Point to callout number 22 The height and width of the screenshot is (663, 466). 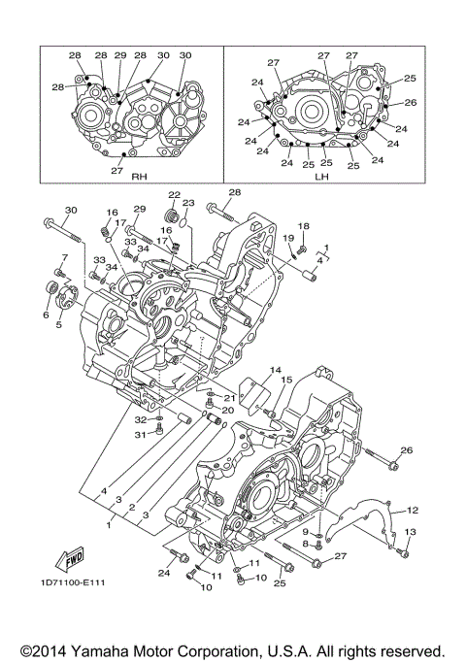(x=174, y=195)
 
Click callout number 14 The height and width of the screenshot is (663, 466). (x=276, y=370)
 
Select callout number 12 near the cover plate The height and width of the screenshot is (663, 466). (x=413, y=509)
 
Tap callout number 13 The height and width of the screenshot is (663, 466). (x=409, y=532)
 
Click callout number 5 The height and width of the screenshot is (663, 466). (x=58, y=324)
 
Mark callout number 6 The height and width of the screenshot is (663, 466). (x=45, y=315)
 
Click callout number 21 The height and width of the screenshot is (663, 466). (x=230, y=398)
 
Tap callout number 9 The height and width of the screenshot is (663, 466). (x=304, y=532)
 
